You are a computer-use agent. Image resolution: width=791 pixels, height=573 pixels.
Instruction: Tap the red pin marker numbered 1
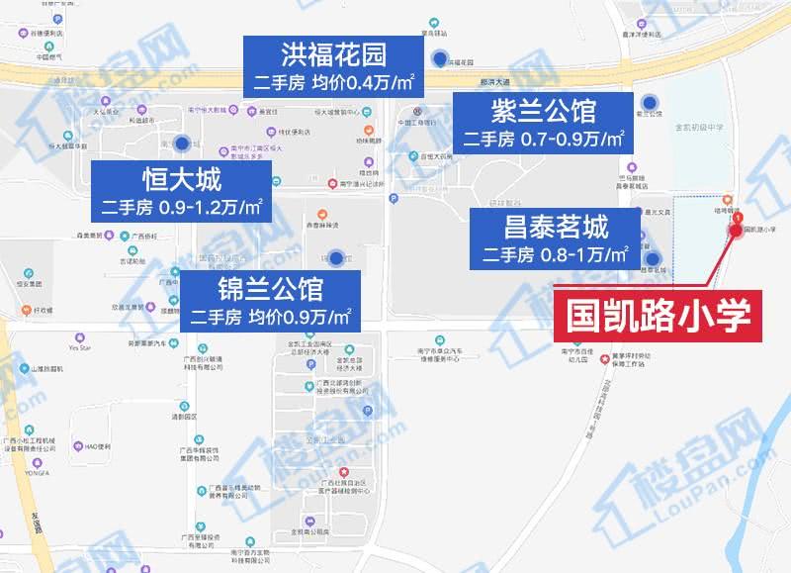pos(737,230)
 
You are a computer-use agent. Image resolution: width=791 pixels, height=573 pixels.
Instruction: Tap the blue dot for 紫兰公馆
pos(651,102)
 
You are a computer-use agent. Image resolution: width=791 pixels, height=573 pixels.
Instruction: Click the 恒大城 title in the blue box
pos(181,180)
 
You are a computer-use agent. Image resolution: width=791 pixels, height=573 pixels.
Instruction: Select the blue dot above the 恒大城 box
pos(180,143)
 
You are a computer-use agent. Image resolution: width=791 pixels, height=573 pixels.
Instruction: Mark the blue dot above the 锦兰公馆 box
pos(336,259)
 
